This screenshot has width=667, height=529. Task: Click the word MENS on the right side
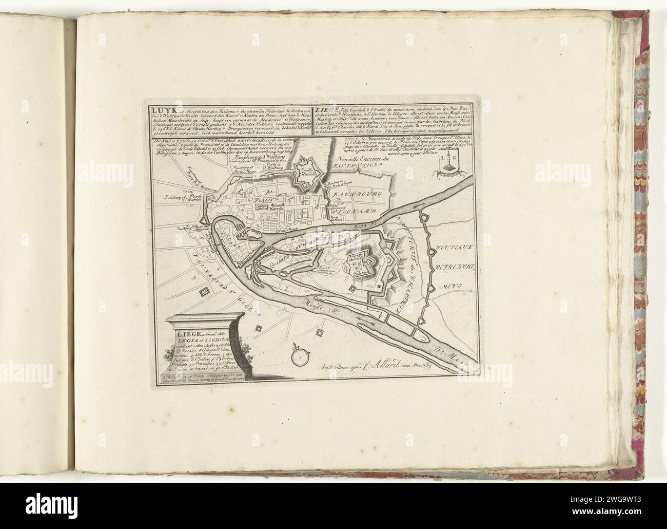point(446,285)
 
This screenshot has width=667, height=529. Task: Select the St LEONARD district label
point(354,211)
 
